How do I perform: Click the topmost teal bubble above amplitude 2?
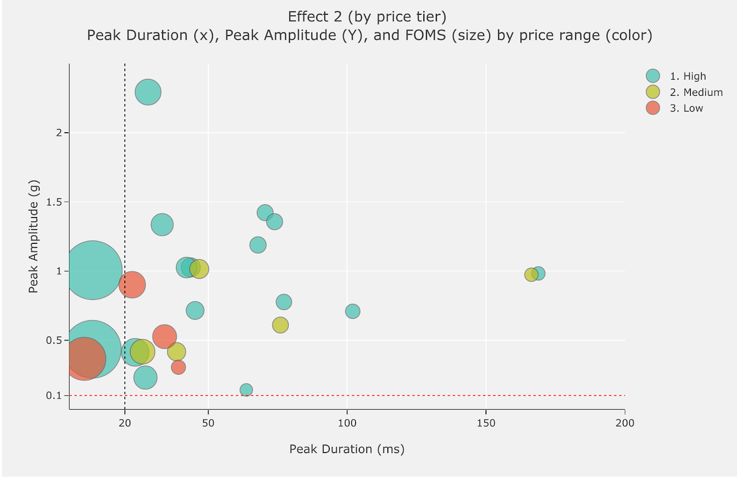click(x=148, y=92)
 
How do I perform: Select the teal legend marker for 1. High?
click(x=653, y=76)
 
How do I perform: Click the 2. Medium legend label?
click(x=696, y=92)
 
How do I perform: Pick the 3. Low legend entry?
click(x=686, y=108)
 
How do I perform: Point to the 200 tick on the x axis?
click(x=625, y=423)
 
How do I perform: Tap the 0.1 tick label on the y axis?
click(x=53, y=395)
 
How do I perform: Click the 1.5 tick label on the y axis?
click(x=53, y=202)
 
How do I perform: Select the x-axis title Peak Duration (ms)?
click(x=347, y=449)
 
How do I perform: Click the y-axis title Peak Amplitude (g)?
click(x=33, y=236)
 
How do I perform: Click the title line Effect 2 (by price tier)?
click(x=367, y=17)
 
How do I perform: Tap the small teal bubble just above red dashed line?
click(x=246, y=390)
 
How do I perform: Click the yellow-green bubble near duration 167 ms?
click(x=531, y=275)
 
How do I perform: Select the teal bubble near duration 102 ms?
click(x=352, y=311)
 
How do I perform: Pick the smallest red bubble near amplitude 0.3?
click(x=178, y=367)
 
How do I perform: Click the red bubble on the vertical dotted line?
click(x=132, y=285)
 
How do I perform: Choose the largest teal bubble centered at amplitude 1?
click(x=93, y=271)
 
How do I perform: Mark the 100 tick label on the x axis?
click(x=347, y=423)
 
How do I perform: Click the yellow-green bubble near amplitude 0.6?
click(x=280, y=325)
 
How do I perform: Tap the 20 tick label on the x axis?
click(x=125, y=423)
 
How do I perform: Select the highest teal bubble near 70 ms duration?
click(x=265, y=212)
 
